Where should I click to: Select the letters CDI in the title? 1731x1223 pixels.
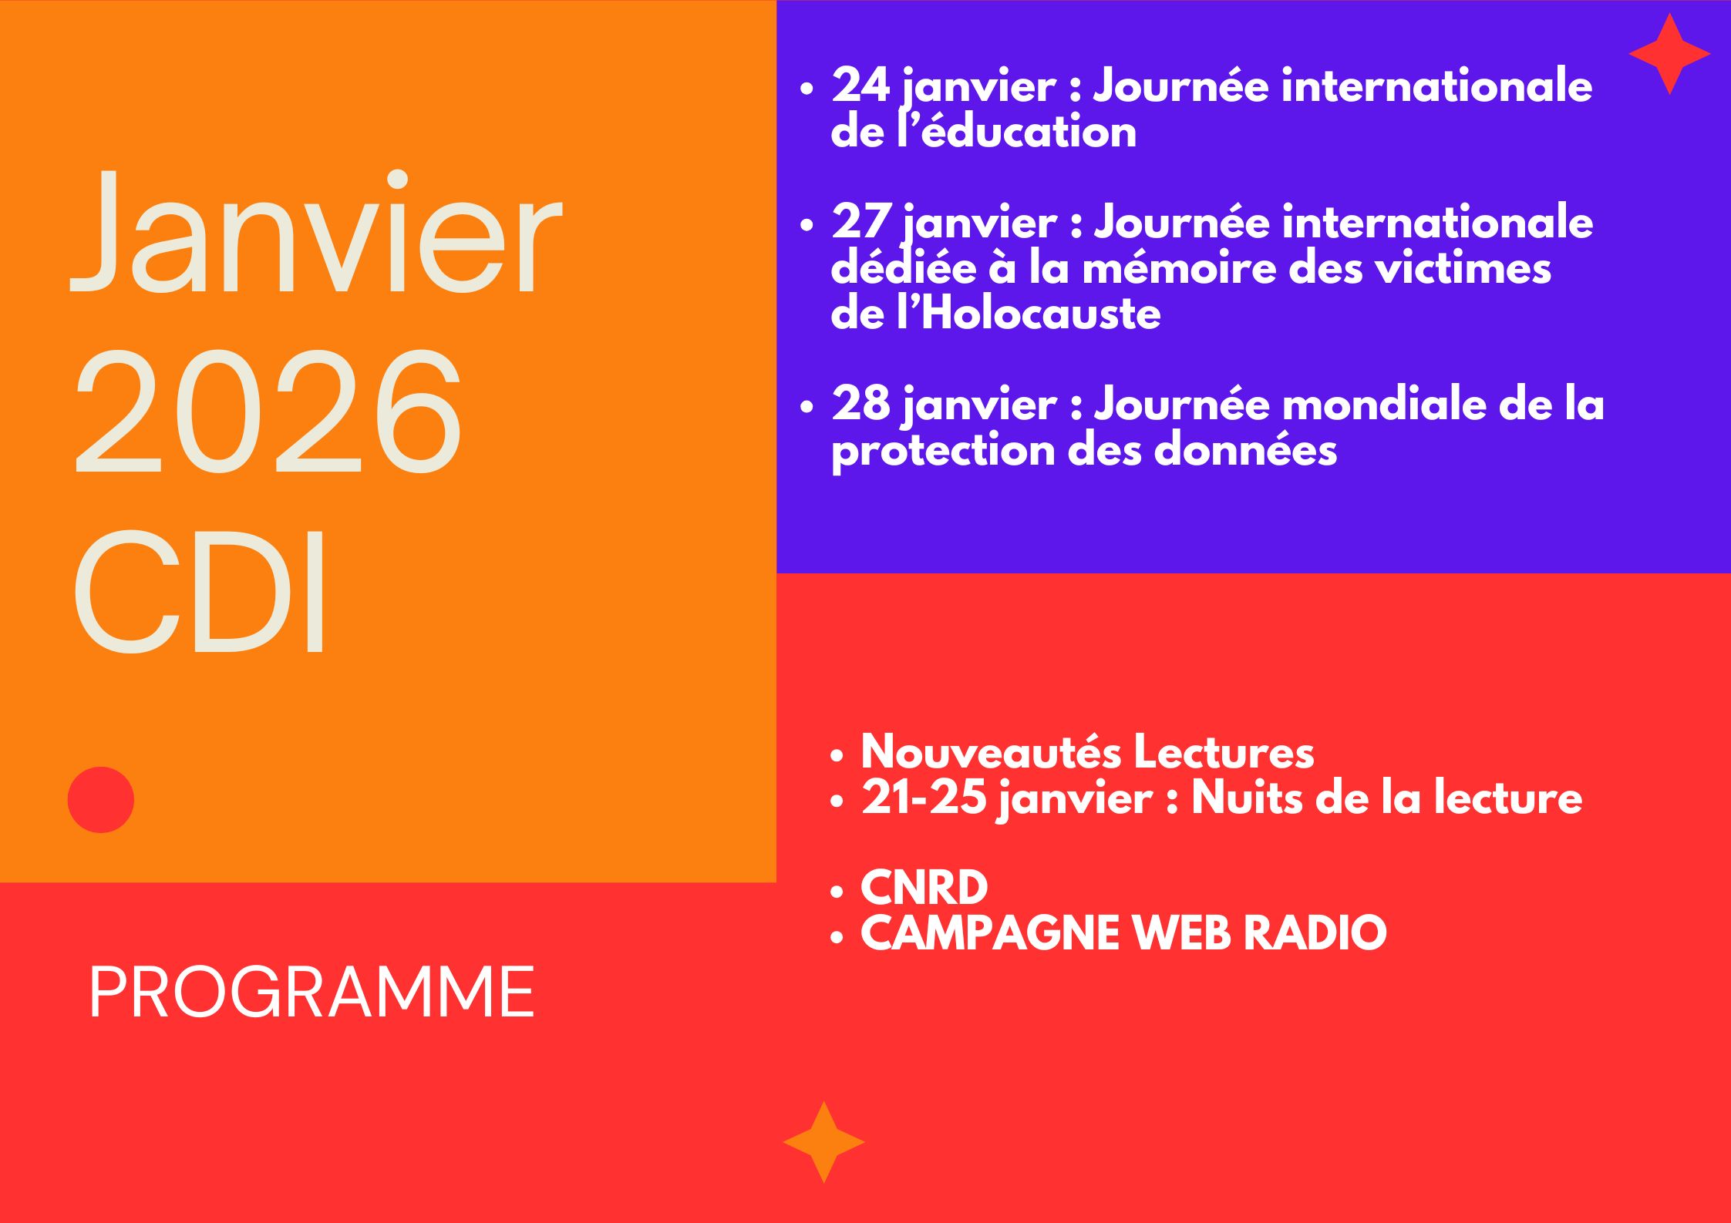[199, 591]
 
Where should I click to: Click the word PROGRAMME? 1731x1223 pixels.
[312, 993]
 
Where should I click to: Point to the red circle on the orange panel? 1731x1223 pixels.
[101, 800]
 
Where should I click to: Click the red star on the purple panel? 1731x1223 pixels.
[1669, 54]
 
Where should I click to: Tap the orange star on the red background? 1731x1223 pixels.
[823, 1142]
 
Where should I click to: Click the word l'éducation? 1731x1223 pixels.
[1016, 132]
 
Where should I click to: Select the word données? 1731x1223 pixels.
[1245, 449]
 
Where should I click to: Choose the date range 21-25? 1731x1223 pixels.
[924, 798]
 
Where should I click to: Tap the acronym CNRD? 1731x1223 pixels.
[924, 887]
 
